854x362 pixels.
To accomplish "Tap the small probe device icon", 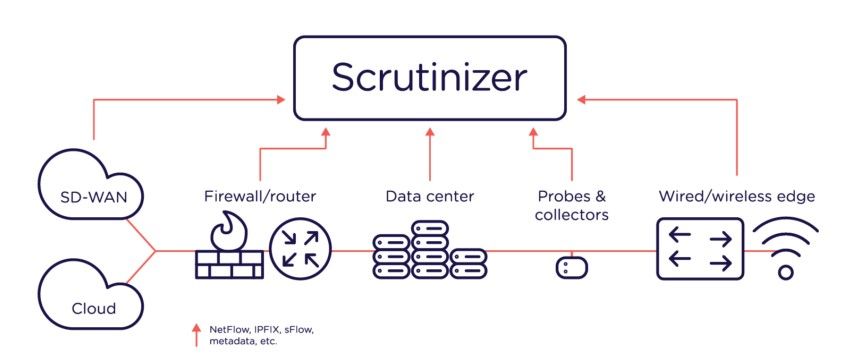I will (x=571, y=268).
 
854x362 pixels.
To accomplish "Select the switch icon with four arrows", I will (x=699, y=249).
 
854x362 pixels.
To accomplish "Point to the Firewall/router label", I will (x=258, y=196).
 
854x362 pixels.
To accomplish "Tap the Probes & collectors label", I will (x=571, y=205).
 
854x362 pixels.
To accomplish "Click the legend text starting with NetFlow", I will (x=253, y=334).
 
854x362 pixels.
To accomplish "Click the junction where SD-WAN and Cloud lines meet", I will (x=155, y=251).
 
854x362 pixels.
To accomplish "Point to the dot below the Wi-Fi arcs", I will (x=786, y=271).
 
